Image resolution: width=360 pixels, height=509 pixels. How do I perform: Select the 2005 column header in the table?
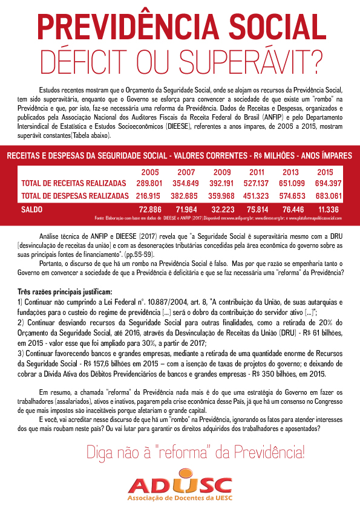click(149, 172)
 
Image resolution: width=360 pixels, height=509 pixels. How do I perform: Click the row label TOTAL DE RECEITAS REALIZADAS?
click(73, 183)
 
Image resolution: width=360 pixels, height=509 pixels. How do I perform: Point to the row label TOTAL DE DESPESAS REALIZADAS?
click(74, 196)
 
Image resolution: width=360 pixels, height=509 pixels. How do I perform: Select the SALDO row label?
click(32, 209)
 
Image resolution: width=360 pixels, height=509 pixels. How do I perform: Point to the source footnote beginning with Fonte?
click(224, 217)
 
